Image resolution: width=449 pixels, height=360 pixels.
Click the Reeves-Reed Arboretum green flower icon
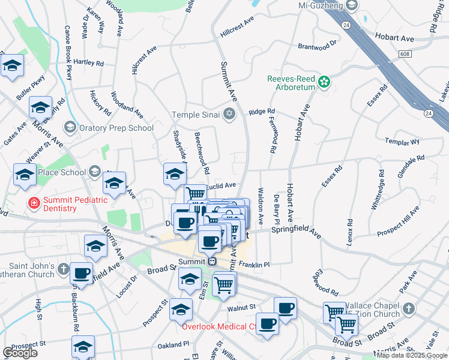pos(324,81)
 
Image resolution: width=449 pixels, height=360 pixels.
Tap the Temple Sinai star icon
pos(229,114)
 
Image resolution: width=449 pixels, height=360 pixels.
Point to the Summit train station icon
pos(211,262)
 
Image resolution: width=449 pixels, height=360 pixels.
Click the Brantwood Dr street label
pos(318,45)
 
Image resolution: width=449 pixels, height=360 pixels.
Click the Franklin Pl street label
pos(254,264)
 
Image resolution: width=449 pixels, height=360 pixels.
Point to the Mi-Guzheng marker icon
pos(352,5)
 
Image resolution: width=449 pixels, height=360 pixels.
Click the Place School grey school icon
pos(94,172)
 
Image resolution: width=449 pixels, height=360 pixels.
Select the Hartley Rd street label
pos(88,62)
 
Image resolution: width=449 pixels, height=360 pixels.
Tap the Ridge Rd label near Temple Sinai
pos(262,112)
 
